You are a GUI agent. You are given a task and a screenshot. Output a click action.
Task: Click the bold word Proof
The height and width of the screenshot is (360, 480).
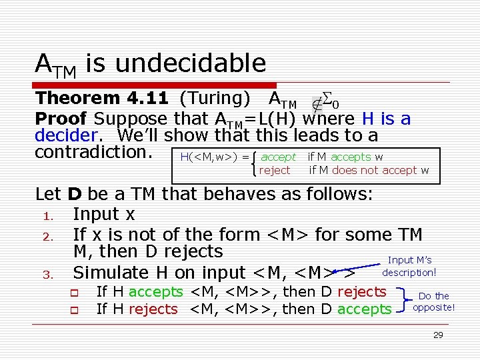(x=61, y=119)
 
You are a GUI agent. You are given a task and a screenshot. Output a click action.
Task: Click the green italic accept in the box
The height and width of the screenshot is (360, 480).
(x=278, y=157)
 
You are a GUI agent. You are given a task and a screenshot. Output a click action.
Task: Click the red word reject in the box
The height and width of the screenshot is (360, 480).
(x=275, y=171)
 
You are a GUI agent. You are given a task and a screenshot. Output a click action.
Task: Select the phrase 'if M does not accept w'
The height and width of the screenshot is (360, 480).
(x=369, y=171)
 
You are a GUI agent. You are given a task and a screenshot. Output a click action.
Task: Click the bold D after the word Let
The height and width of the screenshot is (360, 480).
(x=74, y=195)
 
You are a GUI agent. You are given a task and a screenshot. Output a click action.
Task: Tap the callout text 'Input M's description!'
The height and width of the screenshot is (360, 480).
(x=409, y=266)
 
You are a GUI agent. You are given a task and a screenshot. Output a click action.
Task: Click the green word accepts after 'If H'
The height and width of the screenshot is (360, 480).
(x=155, y=292)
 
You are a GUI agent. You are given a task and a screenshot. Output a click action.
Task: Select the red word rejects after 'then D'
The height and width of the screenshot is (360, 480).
(x=361, y=292)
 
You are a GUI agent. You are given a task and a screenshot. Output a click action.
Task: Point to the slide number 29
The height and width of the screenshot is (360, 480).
(x=438, y=335)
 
